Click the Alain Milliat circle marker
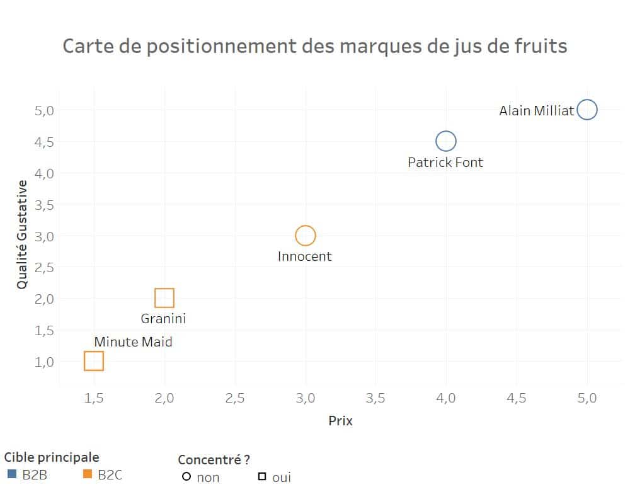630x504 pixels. [x=587, y=110]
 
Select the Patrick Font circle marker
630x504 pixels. [x=445, y=141]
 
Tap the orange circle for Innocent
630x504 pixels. [x=305, y=236]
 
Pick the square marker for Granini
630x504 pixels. [x=164, y=298]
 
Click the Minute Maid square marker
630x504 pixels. [x=94, y=361]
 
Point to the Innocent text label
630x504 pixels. [x=304, y=256]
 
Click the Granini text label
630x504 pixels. [x=163, y=319]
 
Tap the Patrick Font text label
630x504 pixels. [x=445, y=163]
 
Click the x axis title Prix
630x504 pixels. [x=340, y=421]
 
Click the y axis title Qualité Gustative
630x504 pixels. [x=23, y=234]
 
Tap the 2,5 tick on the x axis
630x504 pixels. [x=235, y=398]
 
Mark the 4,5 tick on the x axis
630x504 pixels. [x=517, y=398]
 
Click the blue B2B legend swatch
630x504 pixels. [x=11, y=474]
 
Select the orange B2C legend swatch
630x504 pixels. [x=87, y=474]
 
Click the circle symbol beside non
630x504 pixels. [x=186, y=477]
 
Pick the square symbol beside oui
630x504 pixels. [x=261, y=477]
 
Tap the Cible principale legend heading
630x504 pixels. [x=52, y=457]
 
